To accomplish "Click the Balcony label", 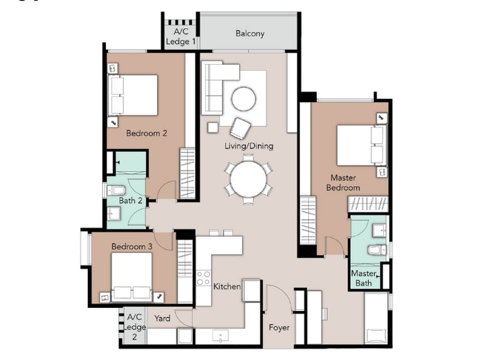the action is (x=250, y=33).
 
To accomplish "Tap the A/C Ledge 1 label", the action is (x=181, y=36).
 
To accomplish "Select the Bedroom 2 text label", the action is (x=147, y=134).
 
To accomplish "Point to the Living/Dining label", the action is (x=249, y=146).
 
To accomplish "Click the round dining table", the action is (x=249, y=179).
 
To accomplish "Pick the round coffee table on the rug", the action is (x=244, y=99).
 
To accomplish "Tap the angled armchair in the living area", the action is (x=240, y=128).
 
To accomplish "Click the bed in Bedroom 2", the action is (x=133, y=95).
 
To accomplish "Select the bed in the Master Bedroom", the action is (x=361, y=146).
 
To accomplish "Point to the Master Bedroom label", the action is (x=343, y=183).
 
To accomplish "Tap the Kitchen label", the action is (x=227, y=286).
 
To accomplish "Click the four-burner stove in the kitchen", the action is (x=203, y=278).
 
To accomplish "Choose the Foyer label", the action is (x=279, y=327).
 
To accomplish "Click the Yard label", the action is (x=162, y=318).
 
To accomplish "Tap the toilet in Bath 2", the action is (x=116, y=191).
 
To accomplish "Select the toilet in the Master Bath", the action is (x=377, y=250).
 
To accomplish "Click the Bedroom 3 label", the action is (x=132, y=246).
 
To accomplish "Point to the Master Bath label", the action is (x=363, y=278).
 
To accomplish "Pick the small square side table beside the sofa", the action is (x=213, y=127).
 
